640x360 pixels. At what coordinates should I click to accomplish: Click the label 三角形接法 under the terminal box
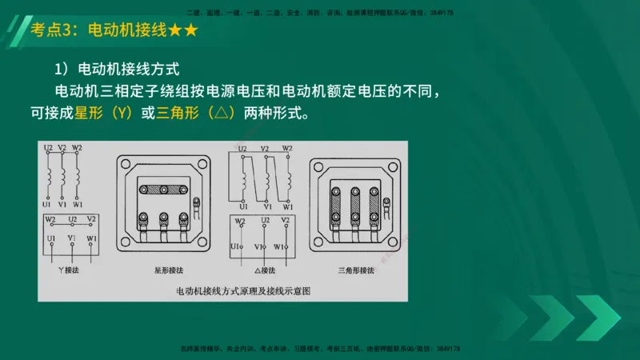[357, 272]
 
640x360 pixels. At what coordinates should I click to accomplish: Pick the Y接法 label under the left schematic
[69, 272]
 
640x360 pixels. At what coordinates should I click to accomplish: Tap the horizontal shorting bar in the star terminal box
[163, 190]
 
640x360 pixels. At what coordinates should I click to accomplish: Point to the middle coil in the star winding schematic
[63, 174]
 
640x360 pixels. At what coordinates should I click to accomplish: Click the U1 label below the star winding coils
[49, 206]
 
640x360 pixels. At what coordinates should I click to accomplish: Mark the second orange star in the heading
[190, 31]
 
